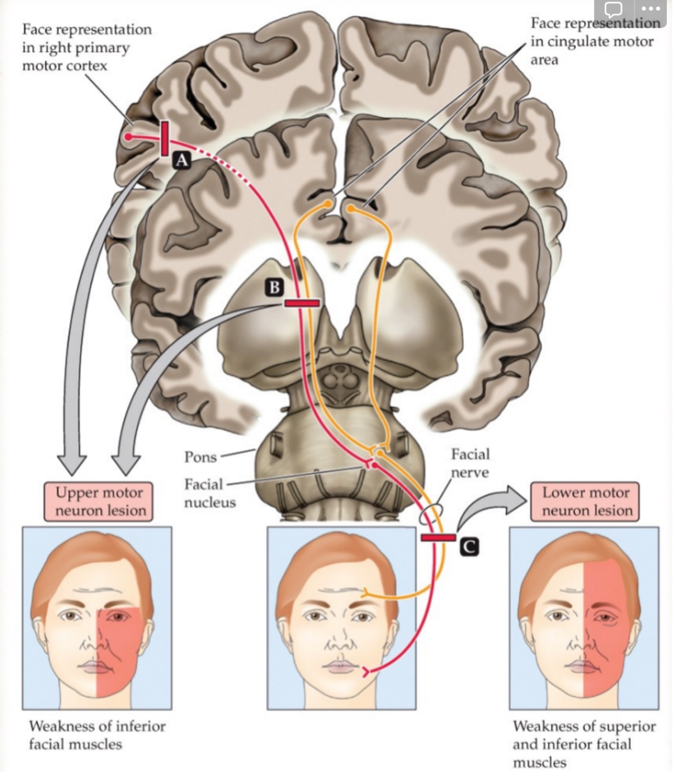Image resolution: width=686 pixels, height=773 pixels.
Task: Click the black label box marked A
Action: (x=181, y=160)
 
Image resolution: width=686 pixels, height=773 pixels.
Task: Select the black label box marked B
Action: (x=274, y=287)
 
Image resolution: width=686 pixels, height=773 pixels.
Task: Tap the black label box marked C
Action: (x=468, y=547)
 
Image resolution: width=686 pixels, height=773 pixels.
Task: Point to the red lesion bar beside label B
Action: (x=302, y=303)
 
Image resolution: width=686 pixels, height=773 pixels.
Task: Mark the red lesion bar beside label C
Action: (x=438, y=538)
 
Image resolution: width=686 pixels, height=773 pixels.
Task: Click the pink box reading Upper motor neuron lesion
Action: (x=98, y=501)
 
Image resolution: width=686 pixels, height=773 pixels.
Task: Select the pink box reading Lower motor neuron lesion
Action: (x=585, y=501)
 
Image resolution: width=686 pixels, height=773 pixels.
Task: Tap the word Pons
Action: (x=200, y=457)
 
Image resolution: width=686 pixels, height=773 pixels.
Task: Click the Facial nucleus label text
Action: (x=209, y=493)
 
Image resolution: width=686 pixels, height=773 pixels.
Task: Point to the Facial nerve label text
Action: (x=470, y=463)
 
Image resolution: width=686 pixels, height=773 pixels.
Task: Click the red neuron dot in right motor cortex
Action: (x=129, y=137)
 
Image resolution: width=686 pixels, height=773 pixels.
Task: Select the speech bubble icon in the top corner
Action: (x=613, y=9)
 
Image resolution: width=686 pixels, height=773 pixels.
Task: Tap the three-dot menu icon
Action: (x=651, y=9)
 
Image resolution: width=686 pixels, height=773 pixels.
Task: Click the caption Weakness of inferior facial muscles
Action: (x=97, y=735)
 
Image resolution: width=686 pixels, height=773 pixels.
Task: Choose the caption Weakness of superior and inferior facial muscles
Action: (x=584, y=744)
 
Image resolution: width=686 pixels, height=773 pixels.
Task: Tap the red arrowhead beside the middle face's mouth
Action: (x=366, y=671)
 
